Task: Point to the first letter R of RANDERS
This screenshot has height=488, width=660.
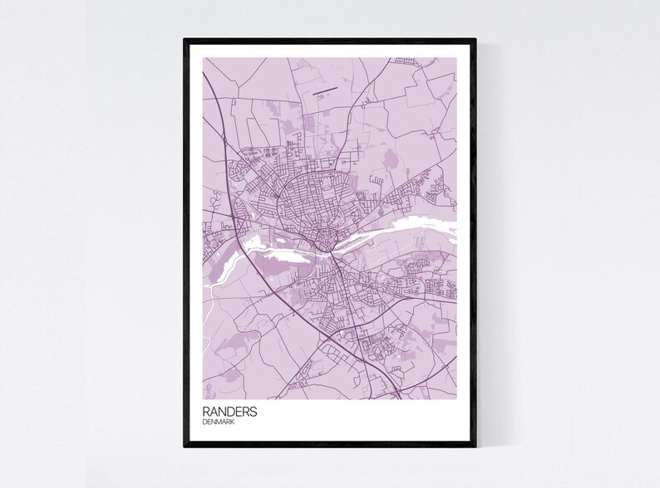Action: [205, 412]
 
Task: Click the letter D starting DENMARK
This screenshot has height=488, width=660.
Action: [204, 422]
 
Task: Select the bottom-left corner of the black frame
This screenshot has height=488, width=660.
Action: [185, 447]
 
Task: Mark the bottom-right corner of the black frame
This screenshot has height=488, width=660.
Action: [475, 447]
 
